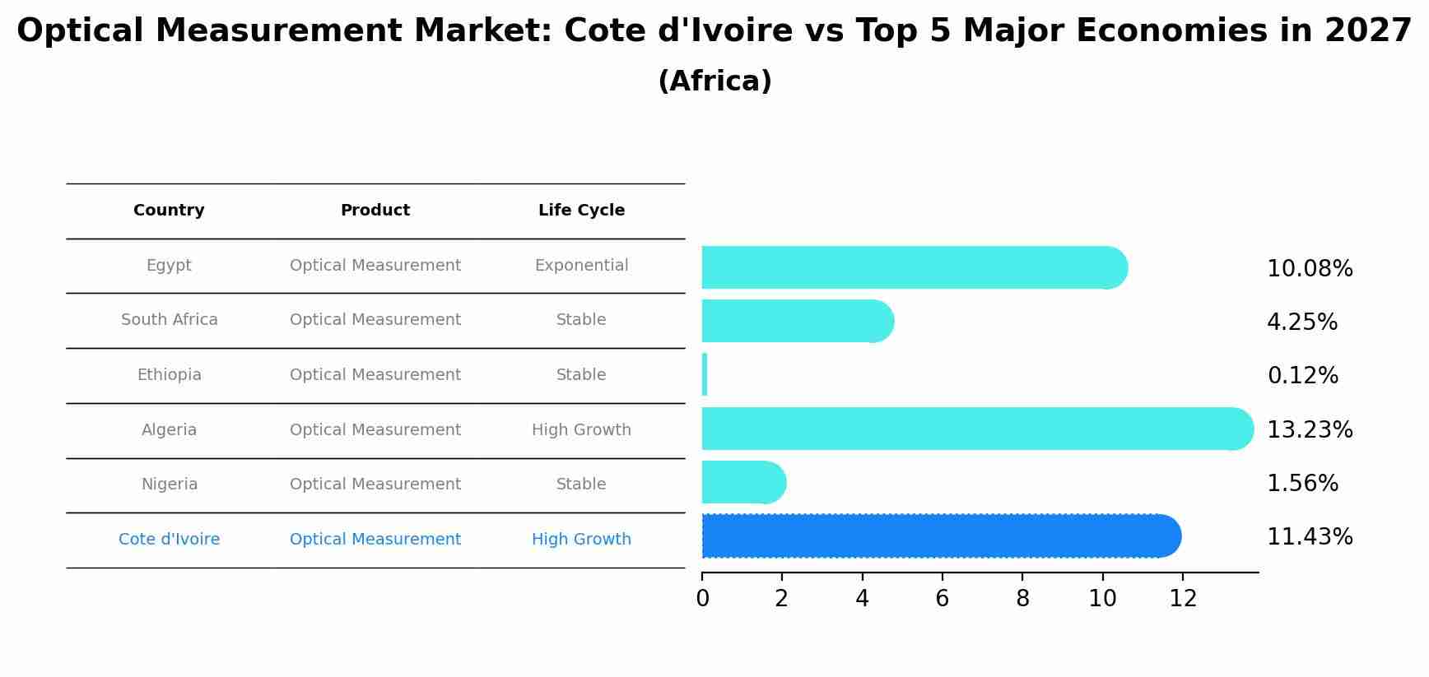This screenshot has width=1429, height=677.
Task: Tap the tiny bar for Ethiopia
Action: click(x=705, y=375)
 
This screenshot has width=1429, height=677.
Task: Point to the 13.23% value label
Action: click(x=1309, y=429)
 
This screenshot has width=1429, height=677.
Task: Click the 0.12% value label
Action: click(x=1302, y=376)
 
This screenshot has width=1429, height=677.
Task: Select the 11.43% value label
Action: click(x=1309, y=537)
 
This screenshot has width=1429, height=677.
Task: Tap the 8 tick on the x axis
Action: click(x=1022, y=599)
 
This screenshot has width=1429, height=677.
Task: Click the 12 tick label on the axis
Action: click(x=1183, y=599)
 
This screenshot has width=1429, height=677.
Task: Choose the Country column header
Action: click(x=169, y=211)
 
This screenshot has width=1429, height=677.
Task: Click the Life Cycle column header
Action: click(x=581, y=211)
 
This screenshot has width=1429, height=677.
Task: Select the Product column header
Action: click(x=375, y=211)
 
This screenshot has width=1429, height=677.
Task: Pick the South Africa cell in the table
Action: click(x=170, y=320)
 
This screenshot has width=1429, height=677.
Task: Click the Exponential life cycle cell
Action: click(x=581, y=266)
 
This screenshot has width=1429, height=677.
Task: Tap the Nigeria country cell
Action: click(x=170, y=485)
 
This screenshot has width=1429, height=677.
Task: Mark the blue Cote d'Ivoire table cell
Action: click(x=170, y=540)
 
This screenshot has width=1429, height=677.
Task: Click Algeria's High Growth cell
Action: click(x=581, y=430)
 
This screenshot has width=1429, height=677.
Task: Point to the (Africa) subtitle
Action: click(x=714, y=81)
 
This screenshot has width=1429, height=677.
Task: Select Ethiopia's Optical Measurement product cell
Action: click(x=375, y=375)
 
